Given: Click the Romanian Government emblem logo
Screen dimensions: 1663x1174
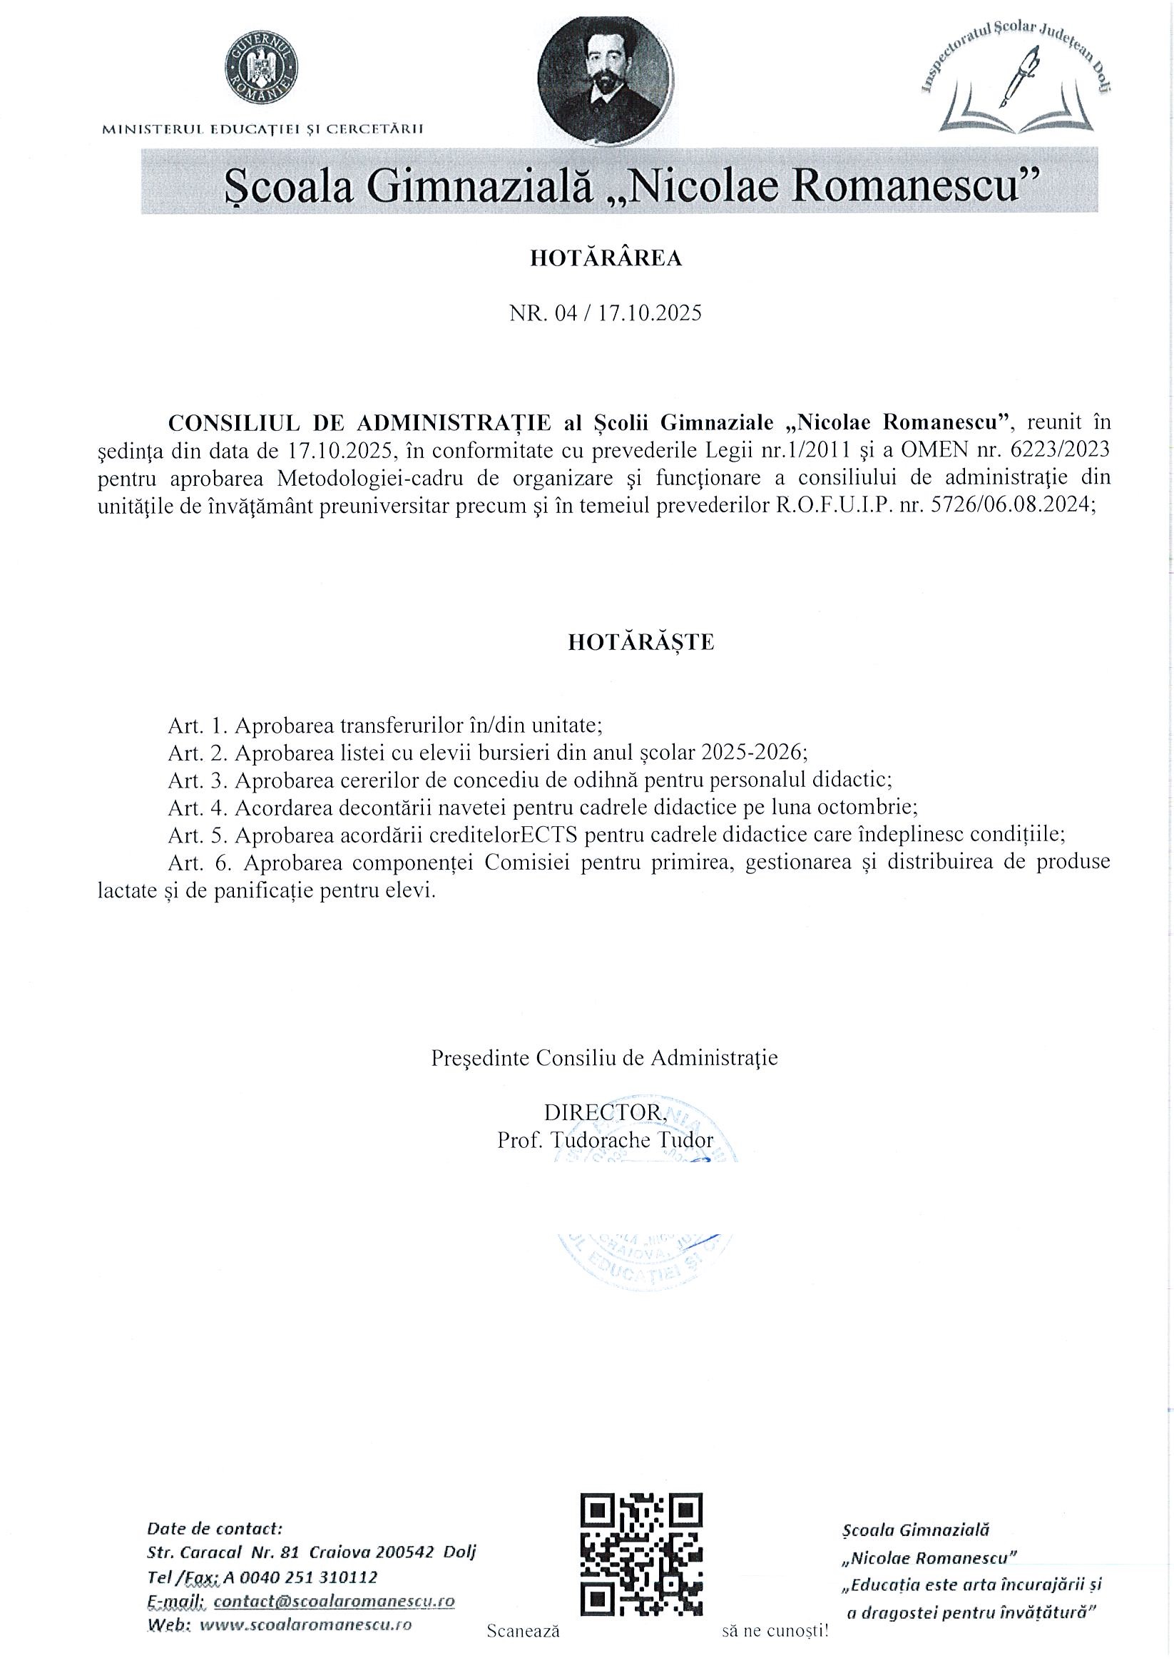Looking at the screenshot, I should tap(263, 70).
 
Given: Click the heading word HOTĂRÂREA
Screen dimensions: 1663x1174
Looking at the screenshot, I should tap(606, 259).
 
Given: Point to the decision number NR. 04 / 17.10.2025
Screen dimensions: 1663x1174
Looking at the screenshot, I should tap(606, 314).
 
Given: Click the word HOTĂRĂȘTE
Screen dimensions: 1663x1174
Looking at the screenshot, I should tap(641, 643).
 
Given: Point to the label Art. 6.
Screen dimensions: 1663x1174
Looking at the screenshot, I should tap(197, 862).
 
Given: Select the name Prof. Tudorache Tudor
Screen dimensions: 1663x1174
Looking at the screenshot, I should tap(605, 1140).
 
